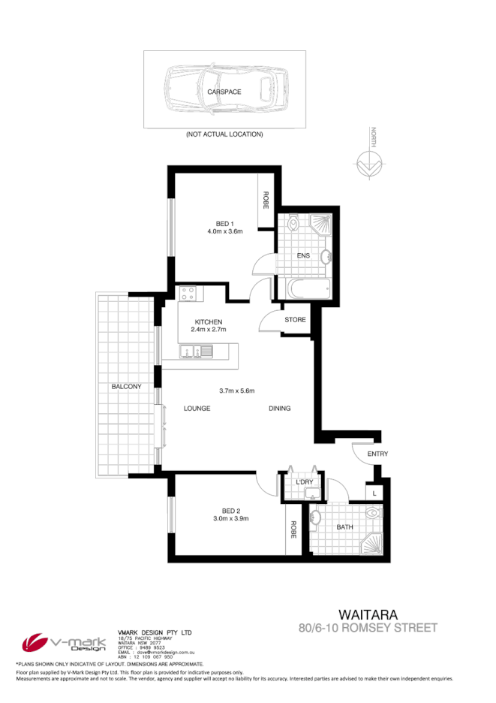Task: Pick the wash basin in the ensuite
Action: point(326,257)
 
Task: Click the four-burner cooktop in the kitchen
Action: point(188,294)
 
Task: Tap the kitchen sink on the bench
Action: point(196,350)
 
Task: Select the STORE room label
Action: point(295,320)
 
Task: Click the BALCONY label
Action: point(126,386)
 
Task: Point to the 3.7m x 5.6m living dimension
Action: point(237,391)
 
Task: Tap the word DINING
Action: point(279,409)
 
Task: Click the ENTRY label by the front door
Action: point(377,455)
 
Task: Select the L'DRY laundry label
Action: point(305,481)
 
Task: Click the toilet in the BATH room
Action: point(373,514)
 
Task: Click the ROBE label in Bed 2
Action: point(293,530)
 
